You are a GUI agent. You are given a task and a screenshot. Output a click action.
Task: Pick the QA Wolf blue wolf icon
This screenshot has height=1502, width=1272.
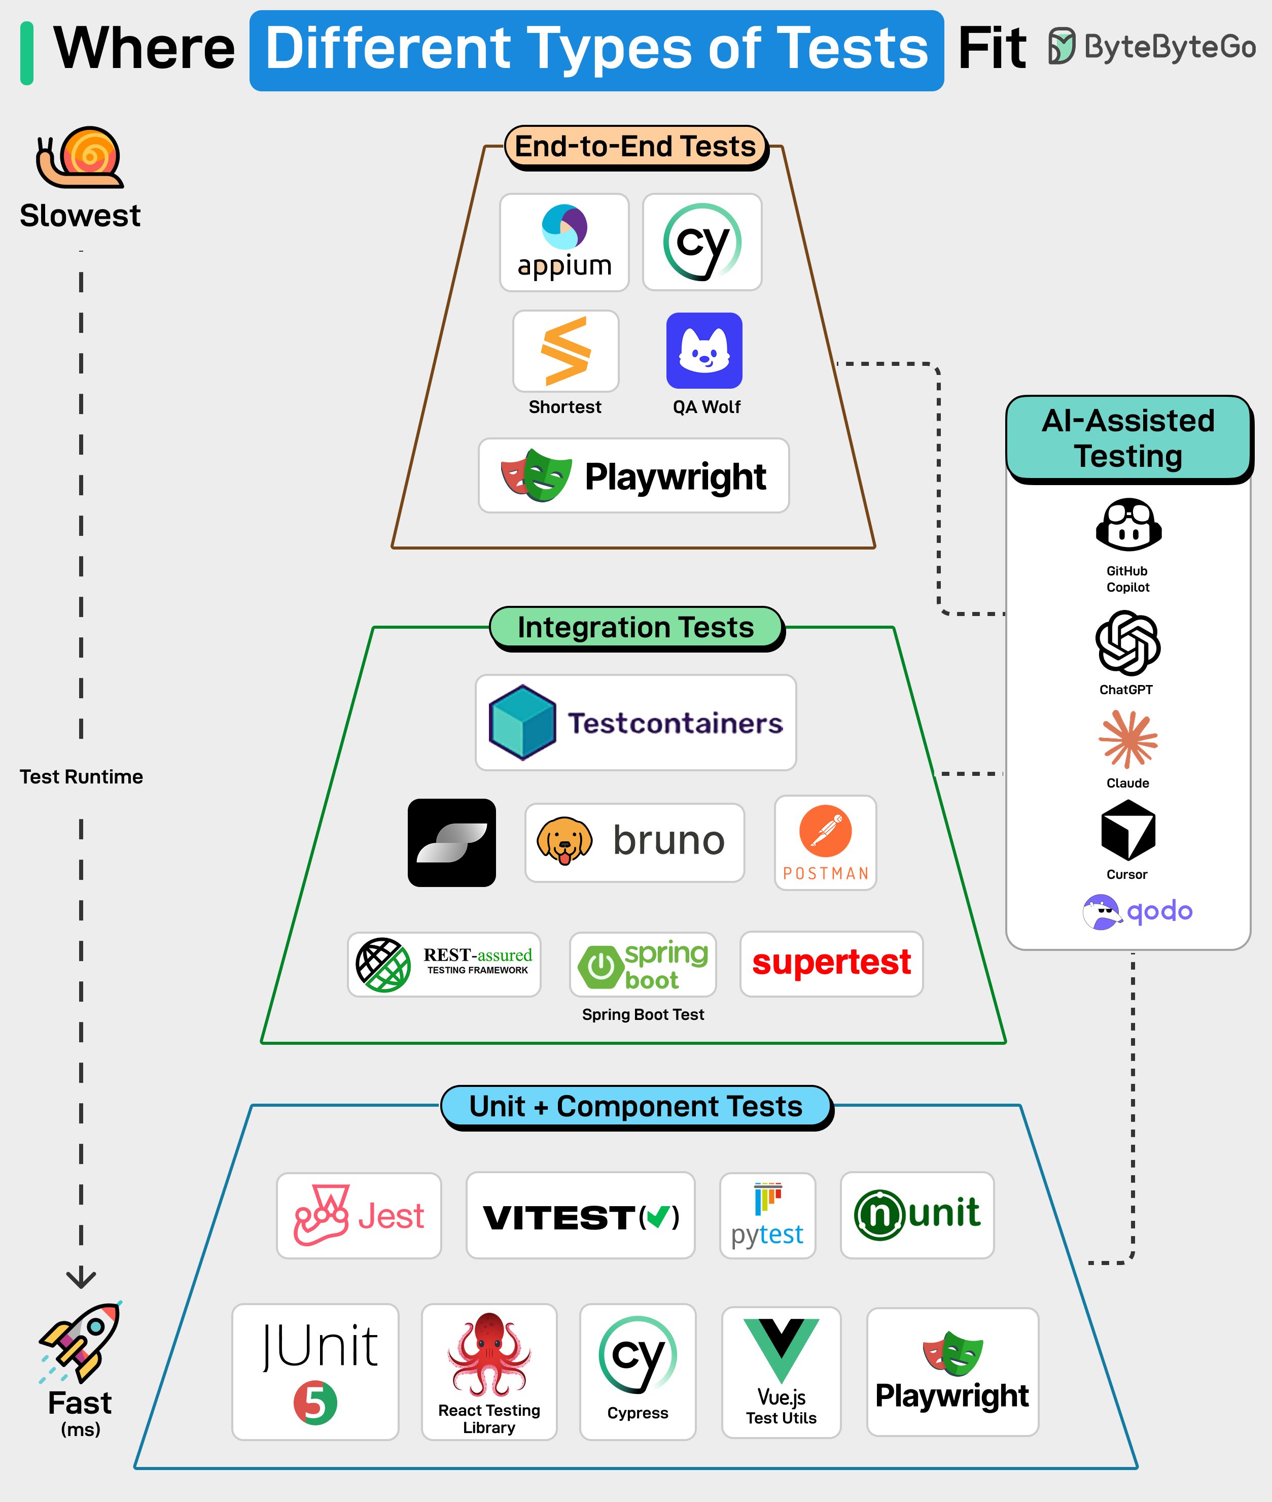tap(704, 351)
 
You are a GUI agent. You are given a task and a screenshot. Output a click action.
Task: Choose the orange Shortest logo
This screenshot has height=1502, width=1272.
tap(566, 351)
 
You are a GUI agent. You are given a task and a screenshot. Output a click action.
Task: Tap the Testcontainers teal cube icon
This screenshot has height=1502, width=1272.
tap(522, 722)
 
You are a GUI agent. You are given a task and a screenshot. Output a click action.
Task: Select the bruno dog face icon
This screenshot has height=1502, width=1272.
tap(564, 841)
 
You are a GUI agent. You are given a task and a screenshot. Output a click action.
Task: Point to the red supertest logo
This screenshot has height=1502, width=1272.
tap(831, 963)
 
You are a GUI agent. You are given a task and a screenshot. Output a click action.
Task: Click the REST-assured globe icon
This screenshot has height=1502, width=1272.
tap(383, 965)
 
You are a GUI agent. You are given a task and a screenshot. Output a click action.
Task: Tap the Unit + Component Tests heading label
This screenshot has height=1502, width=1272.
tap(636, 1106)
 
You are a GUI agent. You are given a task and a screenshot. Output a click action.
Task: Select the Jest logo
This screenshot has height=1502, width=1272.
tap(359, 1216)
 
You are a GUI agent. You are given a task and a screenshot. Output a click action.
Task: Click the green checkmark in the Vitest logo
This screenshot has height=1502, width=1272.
tap(658, 1217)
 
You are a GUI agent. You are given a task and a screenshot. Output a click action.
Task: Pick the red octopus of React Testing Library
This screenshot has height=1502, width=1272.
tap(489, 1353)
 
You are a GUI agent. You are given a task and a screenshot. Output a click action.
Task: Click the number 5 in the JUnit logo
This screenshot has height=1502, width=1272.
tap(315, 1403)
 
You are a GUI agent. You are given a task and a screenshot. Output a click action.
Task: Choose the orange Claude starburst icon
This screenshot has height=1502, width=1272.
tap(1128, 739)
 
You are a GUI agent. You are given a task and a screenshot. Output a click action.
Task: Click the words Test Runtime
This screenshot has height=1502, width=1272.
tap(82, 777)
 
